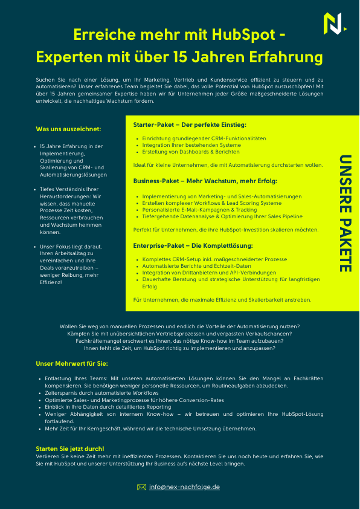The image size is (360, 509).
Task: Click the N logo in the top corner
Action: point(333,23)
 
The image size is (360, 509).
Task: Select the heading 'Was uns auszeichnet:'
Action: point(68,129)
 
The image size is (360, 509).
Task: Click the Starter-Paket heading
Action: point(190,125)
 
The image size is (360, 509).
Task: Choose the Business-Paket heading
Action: point(205,181)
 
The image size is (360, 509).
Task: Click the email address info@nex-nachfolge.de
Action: point(184,486)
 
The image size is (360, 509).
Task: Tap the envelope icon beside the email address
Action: point(141,486)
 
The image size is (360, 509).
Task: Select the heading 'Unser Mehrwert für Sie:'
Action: point(72,363)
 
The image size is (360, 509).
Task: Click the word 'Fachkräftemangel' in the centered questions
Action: point(95,341)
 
